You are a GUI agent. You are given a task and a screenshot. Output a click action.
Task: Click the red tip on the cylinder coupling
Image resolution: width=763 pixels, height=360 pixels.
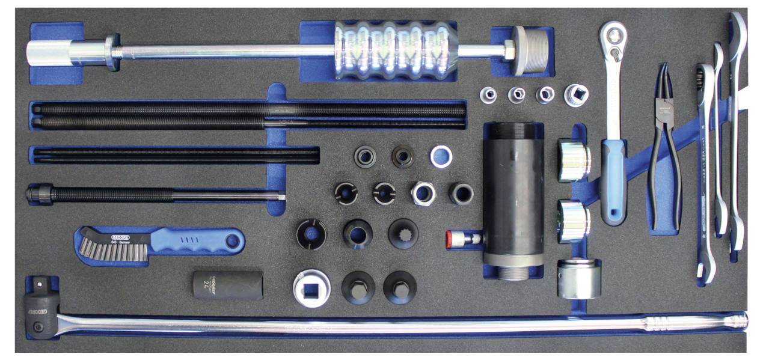tap(449, 238)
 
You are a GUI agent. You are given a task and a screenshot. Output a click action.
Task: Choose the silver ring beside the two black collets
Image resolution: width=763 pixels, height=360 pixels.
tap(441, 157)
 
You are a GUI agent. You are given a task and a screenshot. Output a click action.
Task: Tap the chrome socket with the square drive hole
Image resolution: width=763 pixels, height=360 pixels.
tap(311, 287)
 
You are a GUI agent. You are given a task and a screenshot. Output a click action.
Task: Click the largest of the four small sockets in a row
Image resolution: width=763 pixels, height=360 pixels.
tap(575, 95)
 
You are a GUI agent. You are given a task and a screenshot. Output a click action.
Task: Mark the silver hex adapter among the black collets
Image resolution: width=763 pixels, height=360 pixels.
tap(423, 193)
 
